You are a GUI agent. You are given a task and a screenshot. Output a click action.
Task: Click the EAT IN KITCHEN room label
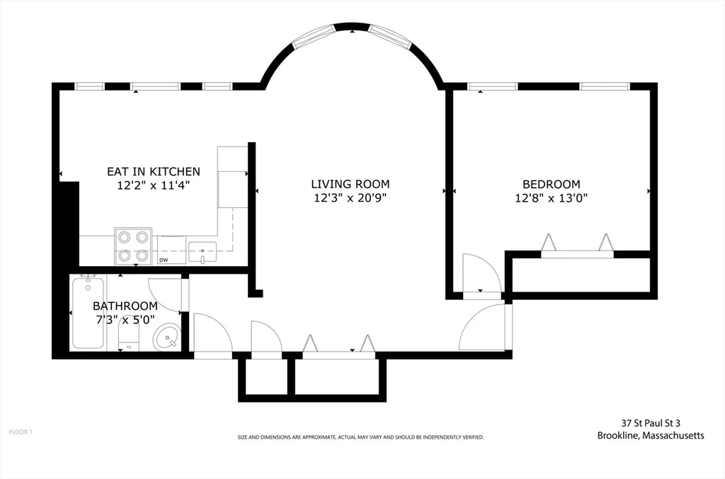[154, 172]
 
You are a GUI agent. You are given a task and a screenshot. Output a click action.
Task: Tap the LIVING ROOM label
[350, 184]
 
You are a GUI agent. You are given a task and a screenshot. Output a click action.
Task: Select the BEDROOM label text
[551, 184]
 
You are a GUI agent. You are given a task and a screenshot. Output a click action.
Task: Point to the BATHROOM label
[125, 306]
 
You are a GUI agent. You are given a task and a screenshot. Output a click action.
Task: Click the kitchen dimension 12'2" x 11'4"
[154, 185]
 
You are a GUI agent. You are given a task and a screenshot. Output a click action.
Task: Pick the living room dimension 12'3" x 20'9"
[350, 198]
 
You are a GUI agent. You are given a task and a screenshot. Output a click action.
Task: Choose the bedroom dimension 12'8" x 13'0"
[551, 198]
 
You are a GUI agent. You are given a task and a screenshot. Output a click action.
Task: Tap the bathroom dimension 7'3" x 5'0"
[125, 320]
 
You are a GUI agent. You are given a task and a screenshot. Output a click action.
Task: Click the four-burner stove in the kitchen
[133, 246]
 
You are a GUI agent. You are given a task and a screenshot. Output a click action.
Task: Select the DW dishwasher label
[164, 260]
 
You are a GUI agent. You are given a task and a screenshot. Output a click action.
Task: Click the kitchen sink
[202, 252]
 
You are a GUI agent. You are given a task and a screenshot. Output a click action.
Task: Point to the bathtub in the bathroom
[88, 313]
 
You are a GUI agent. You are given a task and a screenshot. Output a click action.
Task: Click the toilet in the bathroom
[129, 337]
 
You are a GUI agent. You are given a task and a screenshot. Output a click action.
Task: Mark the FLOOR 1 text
[21, 432]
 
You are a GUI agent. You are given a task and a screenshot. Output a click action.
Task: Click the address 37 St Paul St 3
[651, 422]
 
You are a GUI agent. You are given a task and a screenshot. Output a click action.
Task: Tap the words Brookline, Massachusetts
[651, 435]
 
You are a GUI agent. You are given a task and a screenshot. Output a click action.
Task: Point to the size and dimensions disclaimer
[360, 437]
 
